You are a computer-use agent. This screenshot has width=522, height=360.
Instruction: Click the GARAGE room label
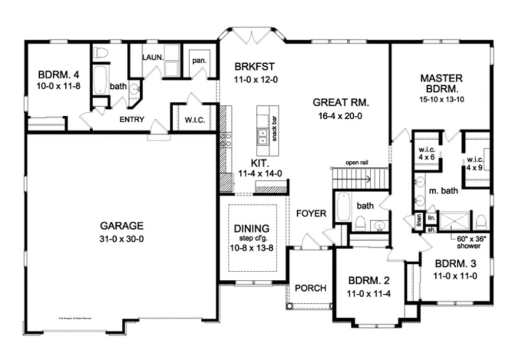tap(121, 226)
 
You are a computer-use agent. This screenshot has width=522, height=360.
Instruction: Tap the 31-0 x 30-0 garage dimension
tap(121, 238)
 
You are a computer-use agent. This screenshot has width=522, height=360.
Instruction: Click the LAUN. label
tap(152, 57)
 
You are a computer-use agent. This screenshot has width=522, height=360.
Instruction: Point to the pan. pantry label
tap(199, 61)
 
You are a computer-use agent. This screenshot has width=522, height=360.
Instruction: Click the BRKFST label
tap(254, 67)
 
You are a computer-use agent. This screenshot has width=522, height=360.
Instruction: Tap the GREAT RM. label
tap(341, 102)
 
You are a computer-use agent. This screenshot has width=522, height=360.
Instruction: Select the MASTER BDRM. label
tap(441, 84)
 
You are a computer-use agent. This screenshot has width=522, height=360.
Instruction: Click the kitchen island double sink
tap(263, 137)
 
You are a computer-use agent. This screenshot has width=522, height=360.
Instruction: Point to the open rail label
tap(356, 163)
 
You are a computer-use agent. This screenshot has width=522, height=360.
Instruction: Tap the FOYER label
tap(311, 214)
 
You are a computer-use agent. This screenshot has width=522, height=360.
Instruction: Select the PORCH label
tap(310, 288)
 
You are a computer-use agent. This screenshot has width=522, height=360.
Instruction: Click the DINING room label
tap(252, 229)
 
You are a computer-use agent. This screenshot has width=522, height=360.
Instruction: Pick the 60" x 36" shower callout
tap(466, 243)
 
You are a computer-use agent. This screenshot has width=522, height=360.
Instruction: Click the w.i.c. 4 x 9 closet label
tap(475, 165)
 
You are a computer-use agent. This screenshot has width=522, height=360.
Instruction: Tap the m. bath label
tap(442, 191)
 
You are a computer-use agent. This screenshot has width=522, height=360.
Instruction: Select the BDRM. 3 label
tap(456, 265)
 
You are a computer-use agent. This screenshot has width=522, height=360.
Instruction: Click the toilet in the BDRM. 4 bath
tap(100, 53)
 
